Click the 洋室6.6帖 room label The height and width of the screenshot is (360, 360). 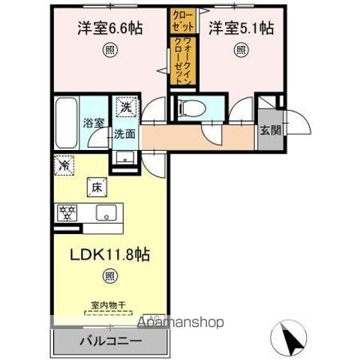click(x=109, y=28)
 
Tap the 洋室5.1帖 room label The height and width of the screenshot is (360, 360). click(x=241, y=28)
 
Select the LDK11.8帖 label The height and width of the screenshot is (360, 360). click(x=109, y=254)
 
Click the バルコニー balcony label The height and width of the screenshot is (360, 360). click(x=110, y=340)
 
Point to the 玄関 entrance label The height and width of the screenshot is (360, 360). click(x=271, y=129)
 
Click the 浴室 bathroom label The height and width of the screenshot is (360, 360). click(x=94, y=123)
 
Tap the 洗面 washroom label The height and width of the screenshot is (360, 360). click(x=124, y=135)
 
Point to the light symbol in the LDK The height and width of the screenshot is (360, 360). click(x=109, y=277)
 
